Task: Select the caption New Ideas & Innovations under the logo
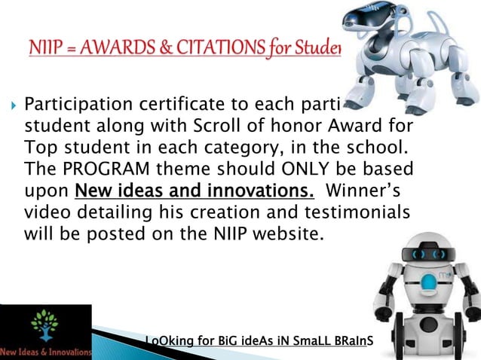(x=45, y=352)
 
